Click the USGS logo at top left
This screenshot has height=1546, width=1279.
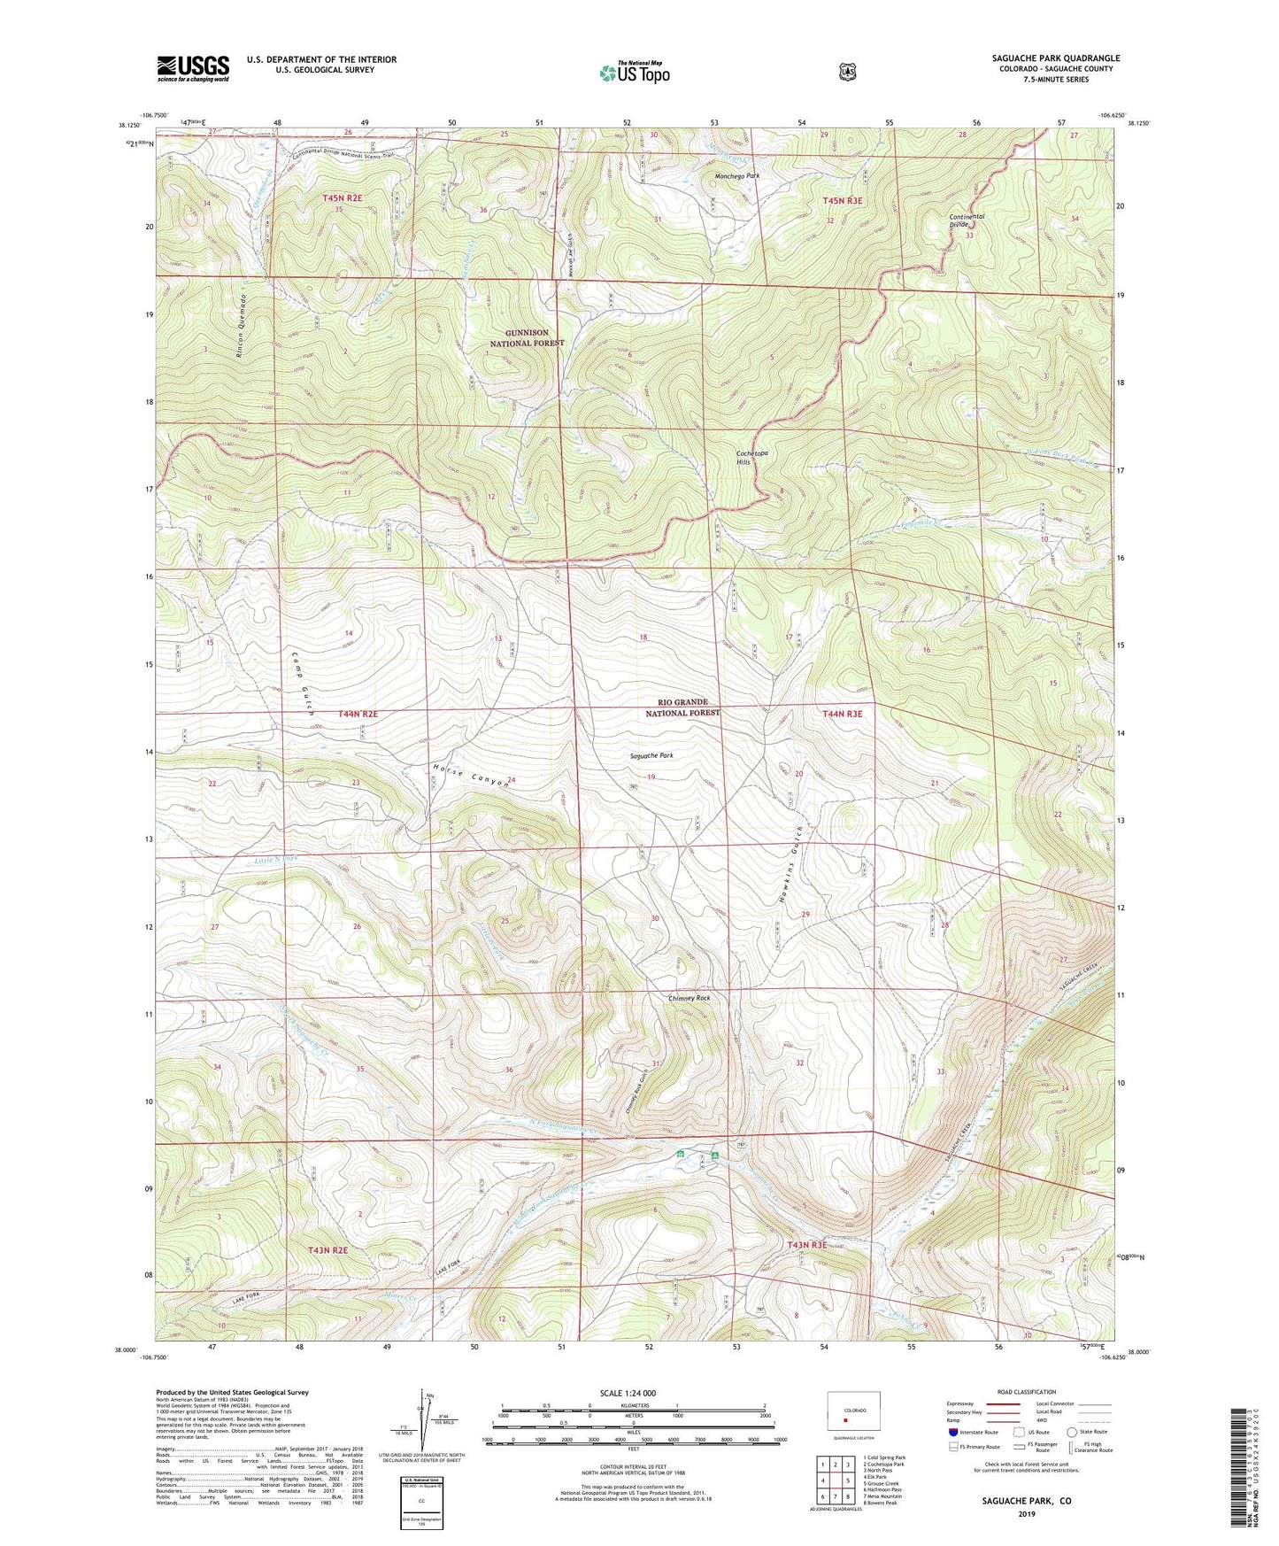[193, 68]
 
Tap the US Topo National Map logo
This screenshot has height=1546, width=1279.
[634, 73]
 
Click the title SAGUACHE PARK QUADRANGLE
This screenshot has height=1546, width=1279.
[1055, 58]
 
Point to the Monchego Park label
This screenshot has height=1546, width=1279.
[736, 176]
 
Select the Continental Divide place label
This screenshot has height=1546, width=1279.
[967, 220]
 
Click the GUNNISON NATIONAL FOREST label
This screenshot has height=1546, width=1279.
[528, 338]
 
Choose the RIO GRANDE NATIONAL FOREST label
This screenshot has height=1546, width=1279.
[682, 707]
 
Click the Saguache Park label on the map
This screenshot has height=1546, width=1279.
[651, 756]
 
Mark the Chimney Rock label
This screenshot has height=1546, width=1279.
[690, 998]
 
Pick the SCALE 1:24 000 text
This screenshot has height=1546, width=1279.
[628, 1393]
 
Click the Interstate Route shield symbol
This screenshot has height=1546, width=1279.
[952, 1432]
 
